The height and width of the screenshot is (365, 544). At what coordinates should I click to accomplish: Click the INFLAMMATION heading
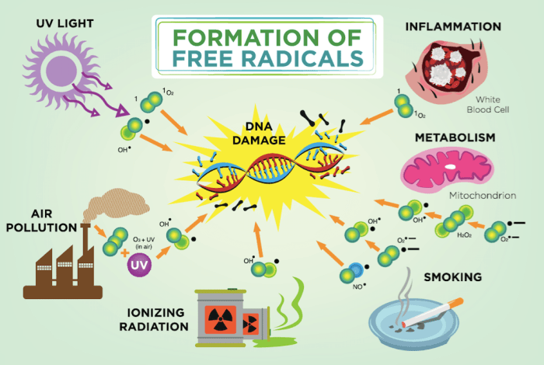(x=454, y=26)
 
